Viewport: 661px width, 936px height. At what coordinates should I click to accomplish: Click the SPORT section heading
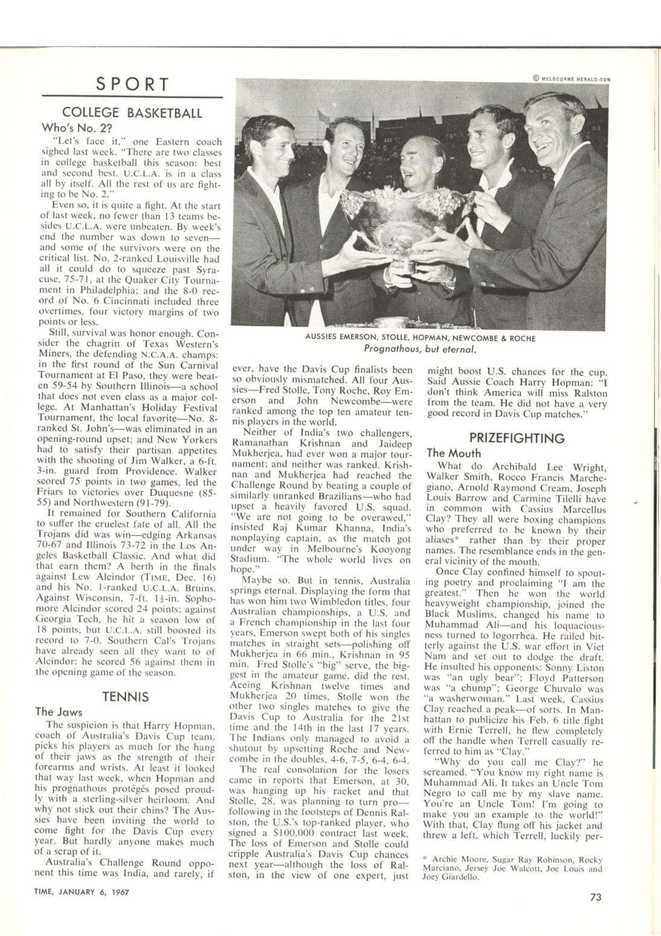[132, 85]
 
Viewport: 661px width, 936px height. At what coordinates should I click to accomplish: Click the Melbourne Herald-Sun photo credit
[572, 77]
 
